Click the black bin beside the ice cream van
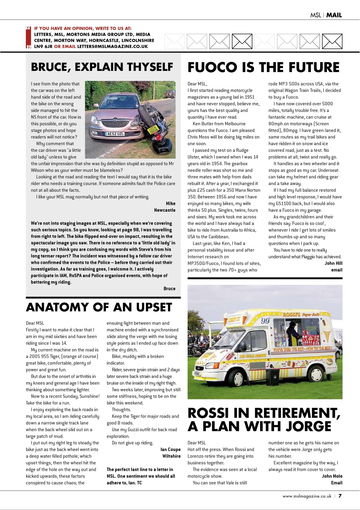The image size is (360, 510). point(273,377)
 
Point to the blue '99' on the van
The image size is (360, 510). point(265,321)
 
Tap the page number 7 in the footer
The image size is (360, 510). point(340,496)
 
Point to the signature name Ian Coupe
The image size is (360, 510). point(170,449)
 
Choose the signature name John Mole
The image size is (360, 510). point(332,476)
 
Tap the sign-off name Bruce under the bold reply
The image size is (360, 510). point(169,288)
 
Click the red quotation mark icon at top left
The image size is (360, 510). point(28,37)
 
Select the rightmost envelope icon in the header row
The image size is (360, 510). point(332,41)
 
